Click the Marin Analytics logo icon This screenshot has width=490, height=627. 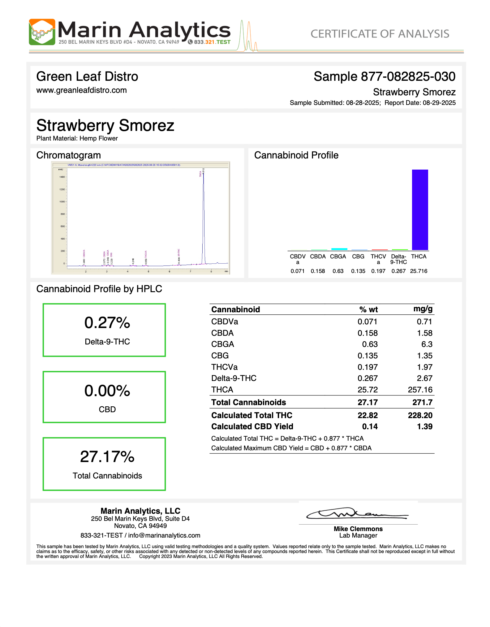[42, 32]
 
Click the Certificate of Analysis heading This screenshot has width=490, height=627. [380, 34]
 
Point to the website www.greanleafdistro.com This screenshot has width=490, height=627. [81, 90]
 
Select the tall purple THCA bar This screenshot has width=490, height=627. [420, 210]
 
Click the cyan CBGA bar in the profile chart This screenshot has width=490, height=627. [339, 249]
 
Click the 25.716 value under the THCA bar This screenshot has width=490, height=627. [419, 271]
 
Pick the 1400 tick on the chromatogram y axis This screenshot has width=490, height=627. [62, 177]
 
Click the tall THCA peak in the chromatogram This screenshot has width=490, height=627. [204, 217]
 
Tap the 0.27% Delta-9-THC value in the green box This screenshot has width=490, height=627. [107, 323]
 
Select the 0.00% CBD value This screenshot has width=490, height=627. [107, 391]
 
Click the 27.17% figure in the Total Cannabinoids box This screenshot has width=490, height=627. [107, 457]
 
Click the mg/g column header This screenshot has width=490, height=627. [423, 309]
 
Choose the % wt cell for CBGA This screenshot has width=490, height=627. [370, 344]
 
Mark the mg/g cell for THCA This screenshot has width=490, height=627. [420, 390]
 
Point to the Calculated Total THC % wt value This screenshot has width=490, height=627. [367, 415]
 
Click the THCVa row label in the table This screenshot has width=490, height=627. [224, 367]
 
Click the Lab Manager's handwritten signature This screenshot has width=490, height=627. [357, 514]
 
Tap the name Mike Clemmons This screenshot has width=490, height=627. [358, 529]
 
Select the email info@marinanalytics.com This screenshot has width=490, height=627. [164, 535]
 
